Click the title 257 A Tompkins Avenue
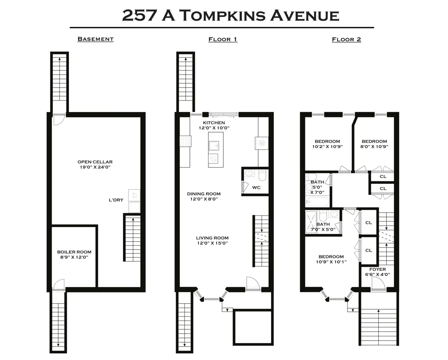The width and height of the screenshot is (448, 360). (x=231, y=15)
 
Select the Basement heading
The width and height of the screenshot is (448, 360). (x=95, y=39)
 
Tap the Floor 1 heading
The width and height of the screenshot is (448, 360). (x=223, y=39)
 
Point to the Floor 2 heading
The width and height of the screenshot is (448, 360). (x=346, y=39)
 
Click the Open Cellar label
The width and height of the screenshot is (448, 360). (x=95, y=164)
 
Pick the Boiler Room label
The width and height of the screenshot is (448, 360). (x=74, y=254)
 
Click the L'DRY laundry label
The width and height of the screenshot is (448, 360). (x=116, y=200)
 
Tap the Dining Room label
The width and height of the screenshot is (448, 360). (x=204, y=196)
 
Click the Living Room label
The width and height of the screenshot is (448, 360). (x=212, y=240)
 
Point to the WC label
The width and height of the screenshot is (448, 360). (x=256, y=187)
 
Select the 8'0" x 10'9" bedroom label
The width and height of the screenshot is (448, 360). (x=374, y=144)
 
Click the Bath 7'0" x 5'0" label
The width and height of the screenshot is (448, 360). (x=320, y=227)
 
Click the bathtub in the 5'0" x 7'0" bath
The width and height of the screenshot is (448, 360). (x=318, y=202)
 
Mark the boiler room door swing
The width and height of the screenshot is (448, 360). (x=59, y=284)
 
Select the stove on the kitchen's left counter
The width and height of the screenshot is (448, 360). (x=185, y=141)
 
